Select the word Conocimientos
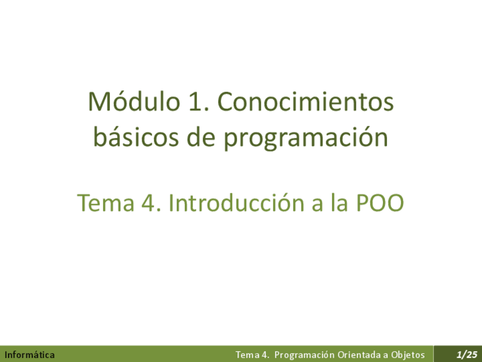click(x=305, y=102)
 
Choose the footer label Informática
click(x=30, y=355)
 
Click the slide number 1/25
click(x=467, y=355)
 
